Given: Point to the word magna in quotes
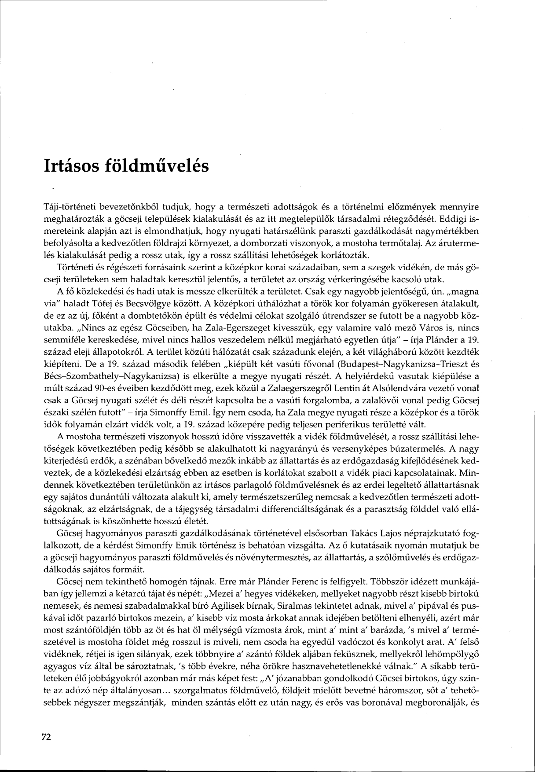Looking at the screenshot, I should coord(459,291).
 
